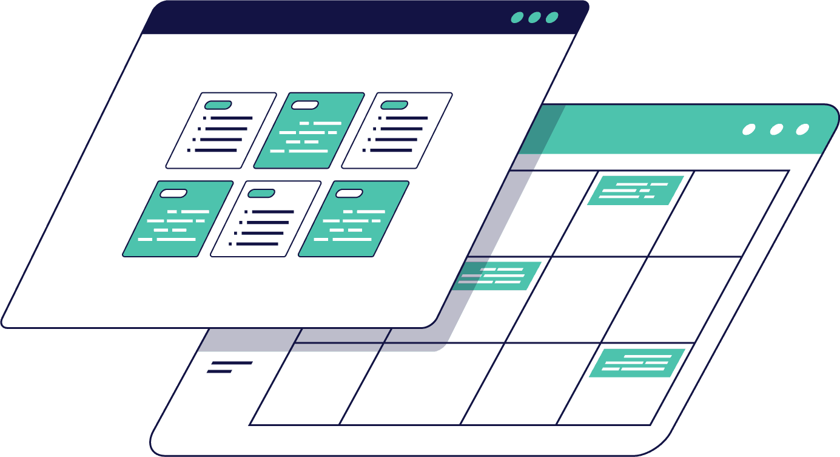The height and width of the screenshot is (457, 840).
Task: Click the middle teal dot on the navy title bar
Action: (x=534, y=18)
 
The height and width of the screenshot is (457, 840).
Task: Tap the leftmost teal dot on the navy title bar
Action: (x=517, y=18)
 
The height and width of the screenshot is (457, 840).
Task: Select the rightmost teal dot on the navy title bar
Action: (x=552, y=18)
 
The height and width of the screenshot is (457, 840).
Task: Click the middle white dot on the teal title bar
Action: (x=776, y=129)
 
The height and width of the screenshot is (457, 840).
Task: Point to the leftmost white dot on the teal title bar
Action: (x=749, y=129)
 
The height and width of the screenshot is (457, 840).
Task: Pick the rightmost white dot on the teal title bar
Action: (x=802, y=129)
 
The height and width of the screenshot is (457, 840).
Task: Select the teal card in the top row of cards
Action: (x=309, y=130)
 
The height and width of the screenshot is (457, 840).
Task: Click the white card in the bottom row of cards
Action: (x=266, y=218)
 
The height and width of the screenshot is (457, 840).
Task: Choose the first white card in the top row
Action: (x=221, y=130)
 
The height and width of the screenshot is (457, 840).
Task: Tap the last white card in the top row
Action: (x=397, y=130)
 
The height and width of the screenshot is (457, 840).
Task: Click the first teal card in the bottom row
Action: (x=178, y=218)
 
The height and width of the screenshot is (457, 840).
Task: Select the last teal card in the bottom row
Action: (x=354, y=218)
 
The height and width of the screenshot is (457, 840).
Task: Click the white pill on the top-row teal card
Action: (x=305, y=105)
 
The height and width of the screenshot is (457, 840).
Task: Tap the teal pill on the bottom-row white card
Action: (x=261, y=193)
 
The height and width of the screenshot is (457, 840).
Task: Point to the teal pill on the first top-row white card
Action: (x=218, y=105)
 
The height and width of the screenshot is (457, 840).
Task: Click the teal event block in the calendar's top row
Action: (x=636, y=190)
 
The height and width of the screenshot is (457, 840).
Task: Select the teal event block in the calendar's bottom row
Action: (x=637, y=363)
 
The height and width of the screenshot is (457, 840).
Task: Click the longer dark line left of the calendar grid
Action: (x=231, y=363)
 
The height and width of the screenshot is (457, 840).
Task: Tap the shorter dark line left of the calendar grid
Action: (x=220, y=371)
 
